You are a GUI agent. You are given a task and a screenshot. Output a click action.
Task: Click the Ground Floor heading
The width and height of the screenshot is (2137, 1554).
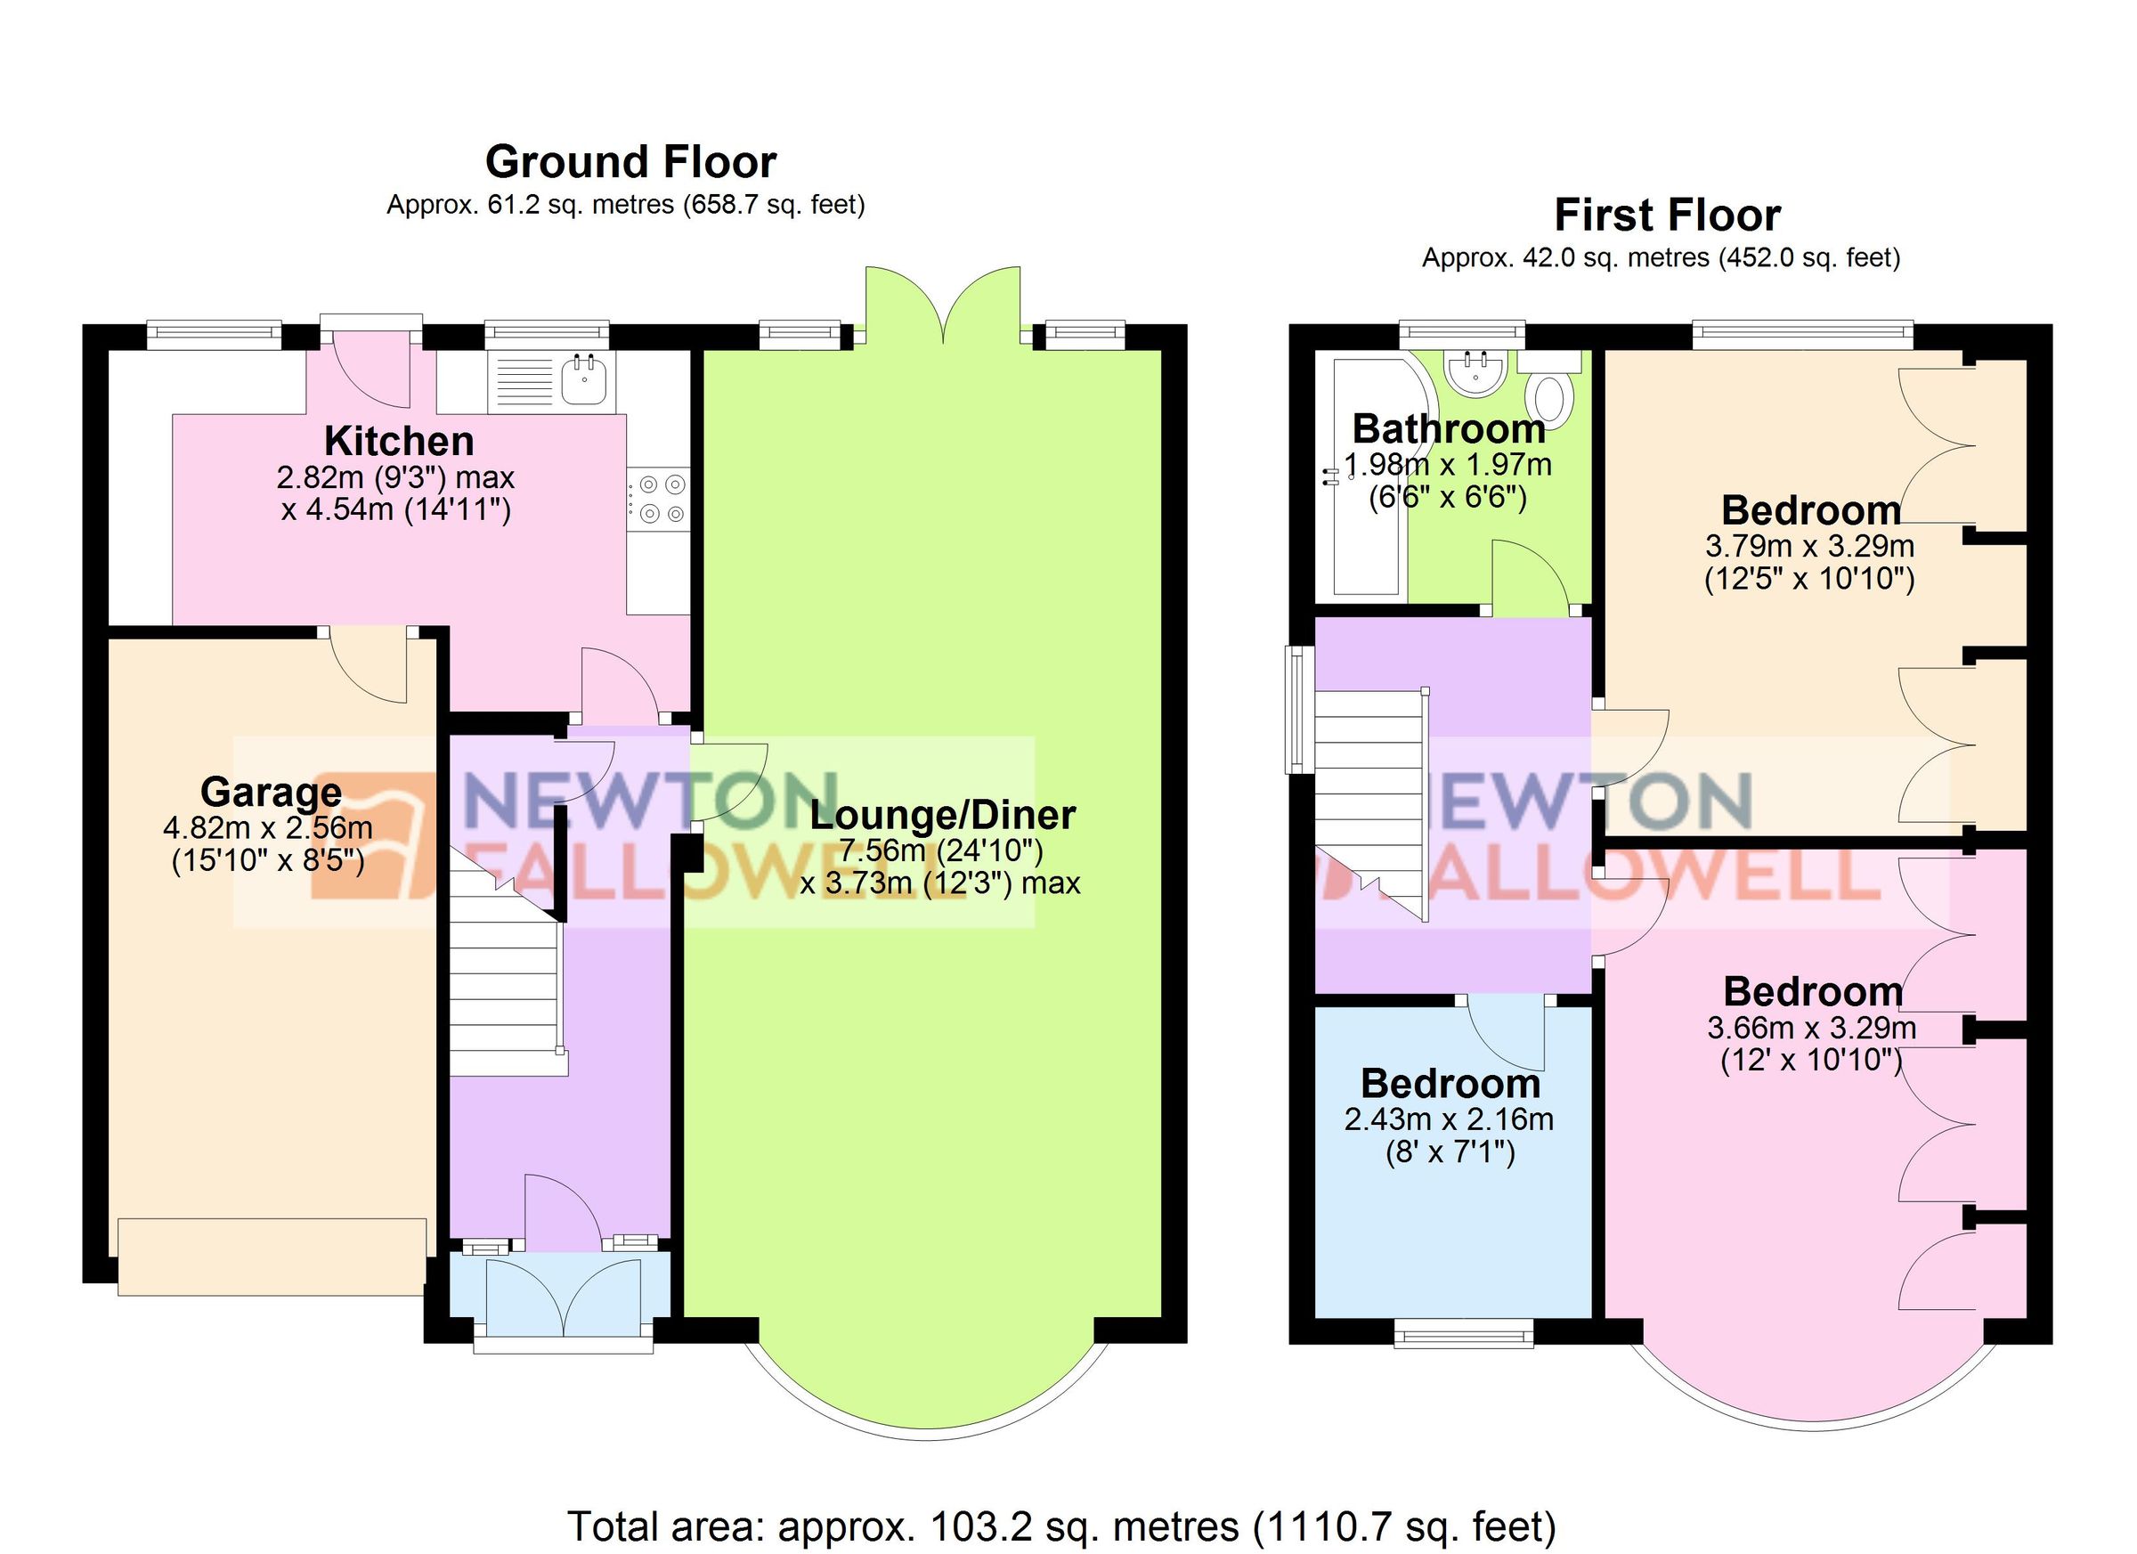tap(630, 162)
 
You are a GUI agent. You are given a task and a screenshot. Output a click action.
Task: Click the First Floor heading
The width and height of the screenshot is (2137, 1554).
tap(1667, 215)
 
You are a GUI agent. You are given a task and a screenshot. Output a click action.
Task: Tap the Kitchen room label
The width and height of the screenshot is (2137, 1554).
tap(399, 441)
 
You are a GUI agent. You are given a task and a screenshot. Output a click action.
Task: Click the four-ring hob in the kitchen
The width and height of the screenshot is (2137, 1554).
tap(661, 499)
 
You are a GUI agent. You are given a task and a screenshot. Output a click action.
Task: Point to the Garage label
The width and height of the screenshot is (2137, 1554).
tap(271, 792)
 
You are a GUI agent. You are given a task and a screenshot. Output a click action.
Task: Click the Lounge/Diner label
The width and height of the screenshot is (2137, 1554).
tap(942, 815)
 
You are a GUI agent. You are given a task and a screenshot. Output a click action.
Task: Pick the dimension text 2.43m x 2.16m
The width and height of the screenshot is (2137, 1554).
tap(1448, 1119)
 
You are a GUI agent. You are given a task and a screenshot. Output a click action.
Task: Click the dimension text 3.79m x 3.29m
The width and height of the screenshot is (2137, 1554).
tap(1809, 546)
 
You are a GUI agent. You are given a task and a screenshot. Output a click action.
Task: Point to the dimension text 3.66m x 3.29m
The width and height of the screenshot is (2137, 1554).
tap(1811, 1029)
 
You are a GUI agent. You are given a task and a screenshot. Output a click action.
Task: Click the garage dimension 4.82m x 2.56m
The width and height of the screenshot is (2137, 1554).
tap(269, 828)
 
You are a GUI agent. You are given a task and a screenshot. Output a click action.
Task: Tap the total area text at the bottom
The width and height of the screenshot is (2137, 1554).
tap(1061, 1525)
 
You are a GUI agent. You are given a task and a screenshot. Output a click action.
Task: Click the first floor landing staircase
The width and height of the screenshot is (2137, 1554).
tap(1371, 801)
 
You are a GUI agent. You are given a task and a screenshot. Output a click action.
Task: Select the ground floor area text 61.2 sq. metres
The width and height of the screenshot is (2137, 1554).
tap(626, 205)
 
